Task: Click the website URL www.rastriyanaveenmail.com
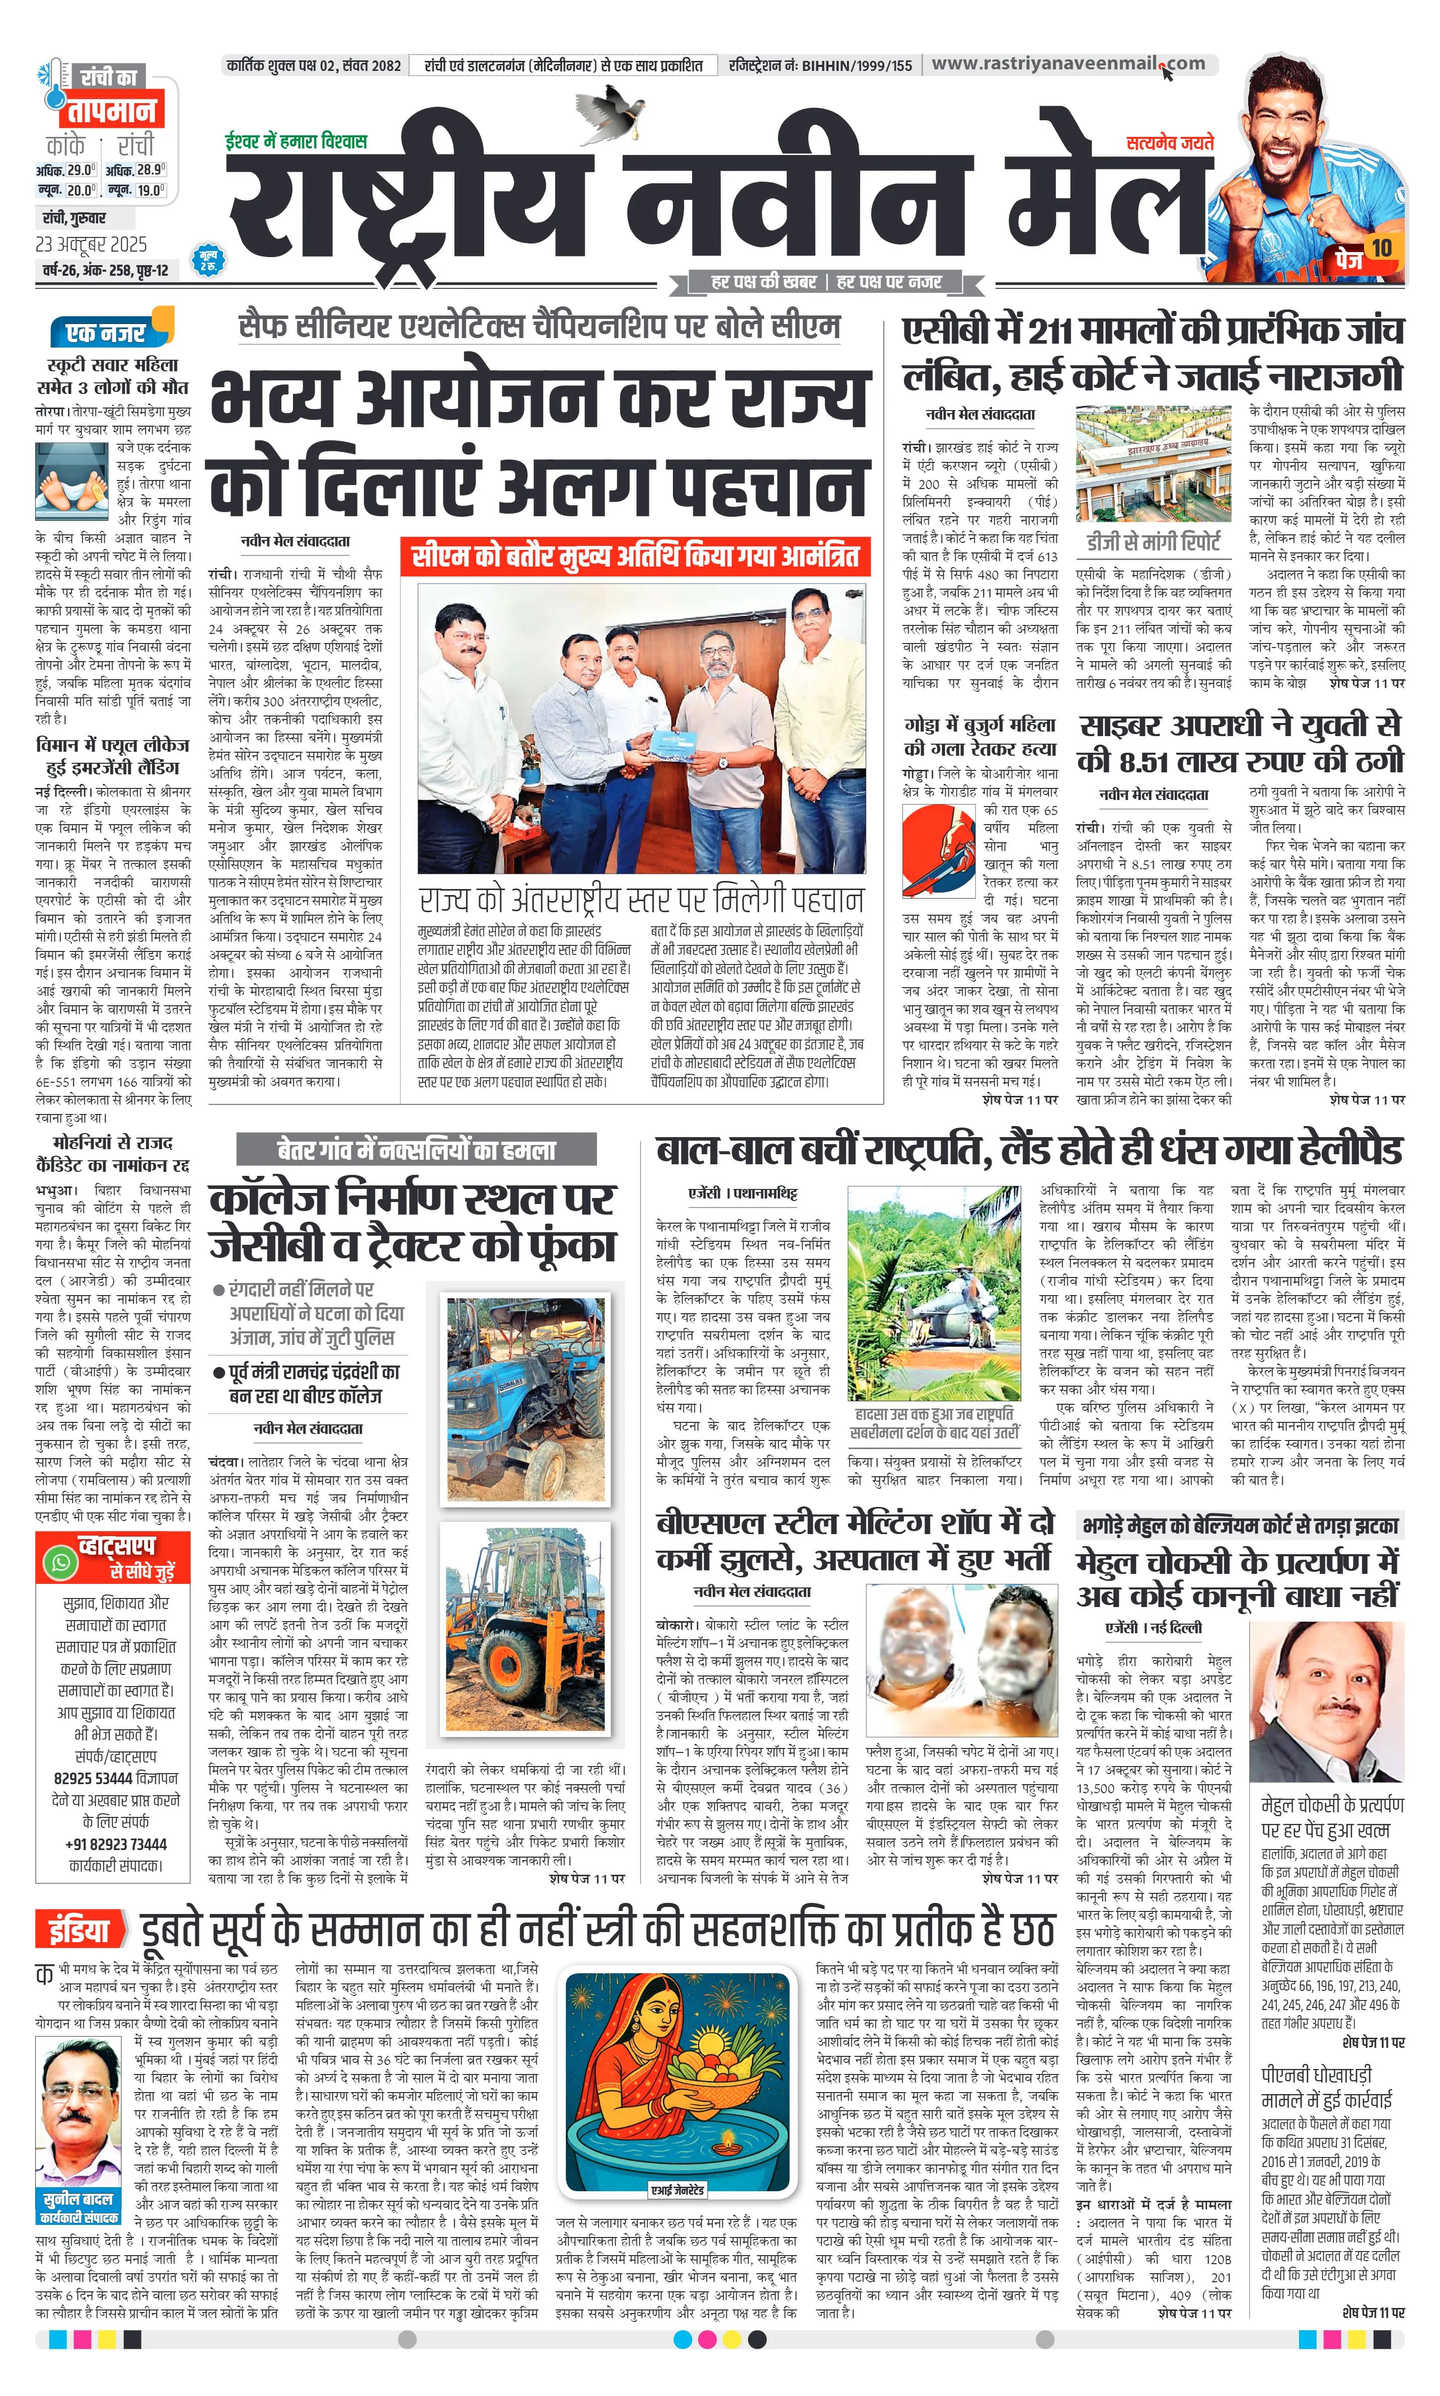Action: (1068, 64)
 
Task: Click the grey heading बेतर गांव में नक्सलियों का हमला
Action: (417, 1151)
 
